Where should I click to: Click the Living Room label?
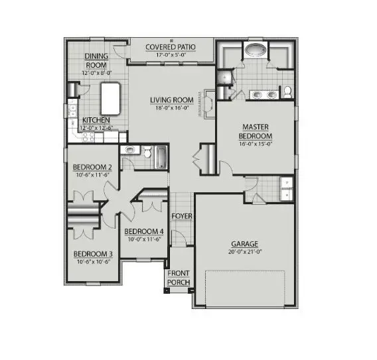[173, 100]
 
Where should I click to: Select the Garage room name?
[244, 243]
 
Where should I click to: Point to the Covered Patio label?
[171, 47]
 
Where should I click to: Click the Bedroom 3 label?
[92, 254]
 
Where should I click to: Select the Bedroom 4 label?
[143, 231]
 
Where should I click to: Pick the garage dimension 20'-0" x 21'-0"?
[244, 251]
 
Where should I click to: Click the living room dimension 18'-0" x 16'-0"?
[173, 107]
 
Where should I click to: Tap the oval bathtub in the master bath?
[256, 50]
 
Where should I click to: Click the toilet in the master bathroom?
[288, 92]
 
